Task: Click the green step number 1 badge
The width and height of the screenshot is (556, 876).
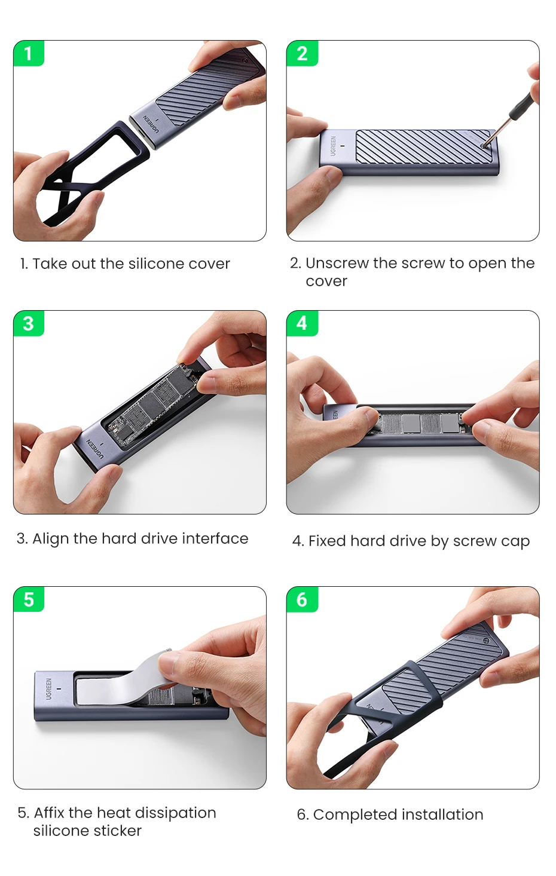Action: coord(29,53)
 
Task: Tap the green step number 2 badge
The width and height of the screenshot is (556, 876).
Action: coord(302,53)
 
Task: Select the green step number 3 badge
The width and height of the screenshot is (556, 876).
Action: coord(29,323)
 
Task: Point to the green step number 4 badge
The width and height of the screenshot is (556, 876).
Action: coord(302,323)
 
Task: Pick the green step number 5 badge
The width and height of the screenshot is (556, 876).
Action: coord(29,599)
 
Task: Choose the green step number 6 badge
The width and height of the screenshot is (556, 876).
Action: coord(302,599)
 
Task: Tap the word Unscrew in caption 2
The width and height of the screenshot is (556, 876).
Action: coord(337,263)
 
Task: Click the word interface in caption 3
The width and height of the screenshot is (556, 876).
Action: coord(215,538)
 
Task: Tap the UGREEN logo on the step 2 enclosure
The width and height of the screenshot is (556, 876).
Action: coord(333,145)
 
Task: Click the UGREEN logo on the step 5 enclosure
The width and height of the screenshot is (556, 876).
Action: coord(48,689)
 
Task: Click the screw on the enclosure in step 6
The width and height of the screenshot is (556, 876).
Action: coord(485,641)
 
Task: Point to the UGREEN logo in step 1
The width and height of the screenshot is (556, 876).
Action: coord(151,125)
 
